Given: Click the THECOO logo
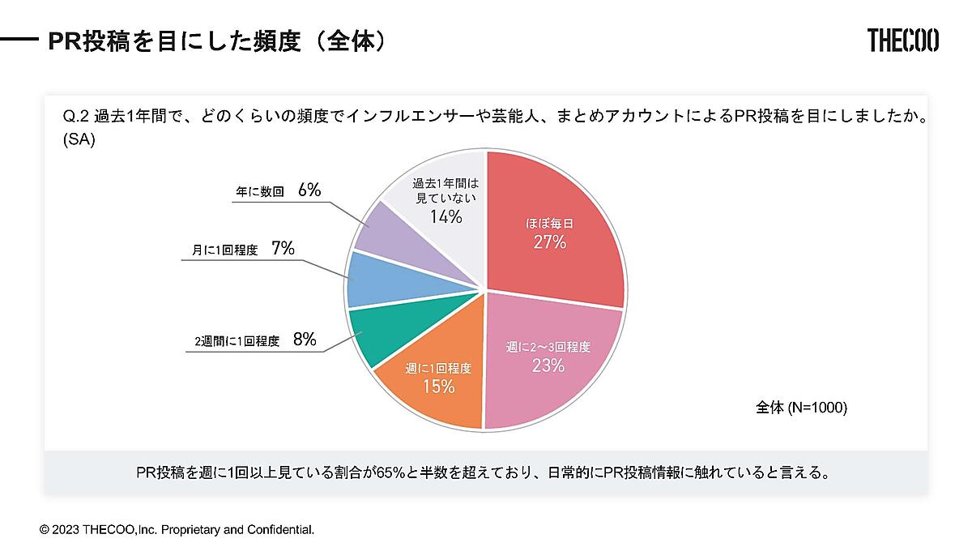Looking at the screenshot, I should (902, 40).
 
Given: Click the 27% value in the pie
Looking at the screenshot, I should (549, 241).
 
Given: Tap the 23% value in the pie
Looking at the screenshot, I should (548, 365).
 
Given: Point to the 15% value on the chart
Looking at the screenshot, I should (438, 387).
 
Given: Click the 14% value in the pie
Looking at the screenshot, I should (446, 216).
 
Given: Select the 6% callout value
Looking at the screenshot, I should (309, 190).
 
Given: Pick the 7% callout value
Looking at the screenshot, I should (283, 249).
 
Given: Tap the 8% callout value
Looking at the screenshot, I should (305, 340).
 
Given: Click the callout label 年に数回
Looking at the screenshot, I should (259, 192).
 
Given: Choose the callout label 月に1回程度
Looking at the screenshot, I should (225, 250).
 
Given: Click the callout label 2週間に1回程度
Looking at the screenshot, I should (237, 342).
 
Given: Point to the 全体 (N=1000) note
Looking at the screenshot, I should (801, 408).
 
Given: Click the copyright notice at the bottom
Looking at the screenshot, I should (177, 529).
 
